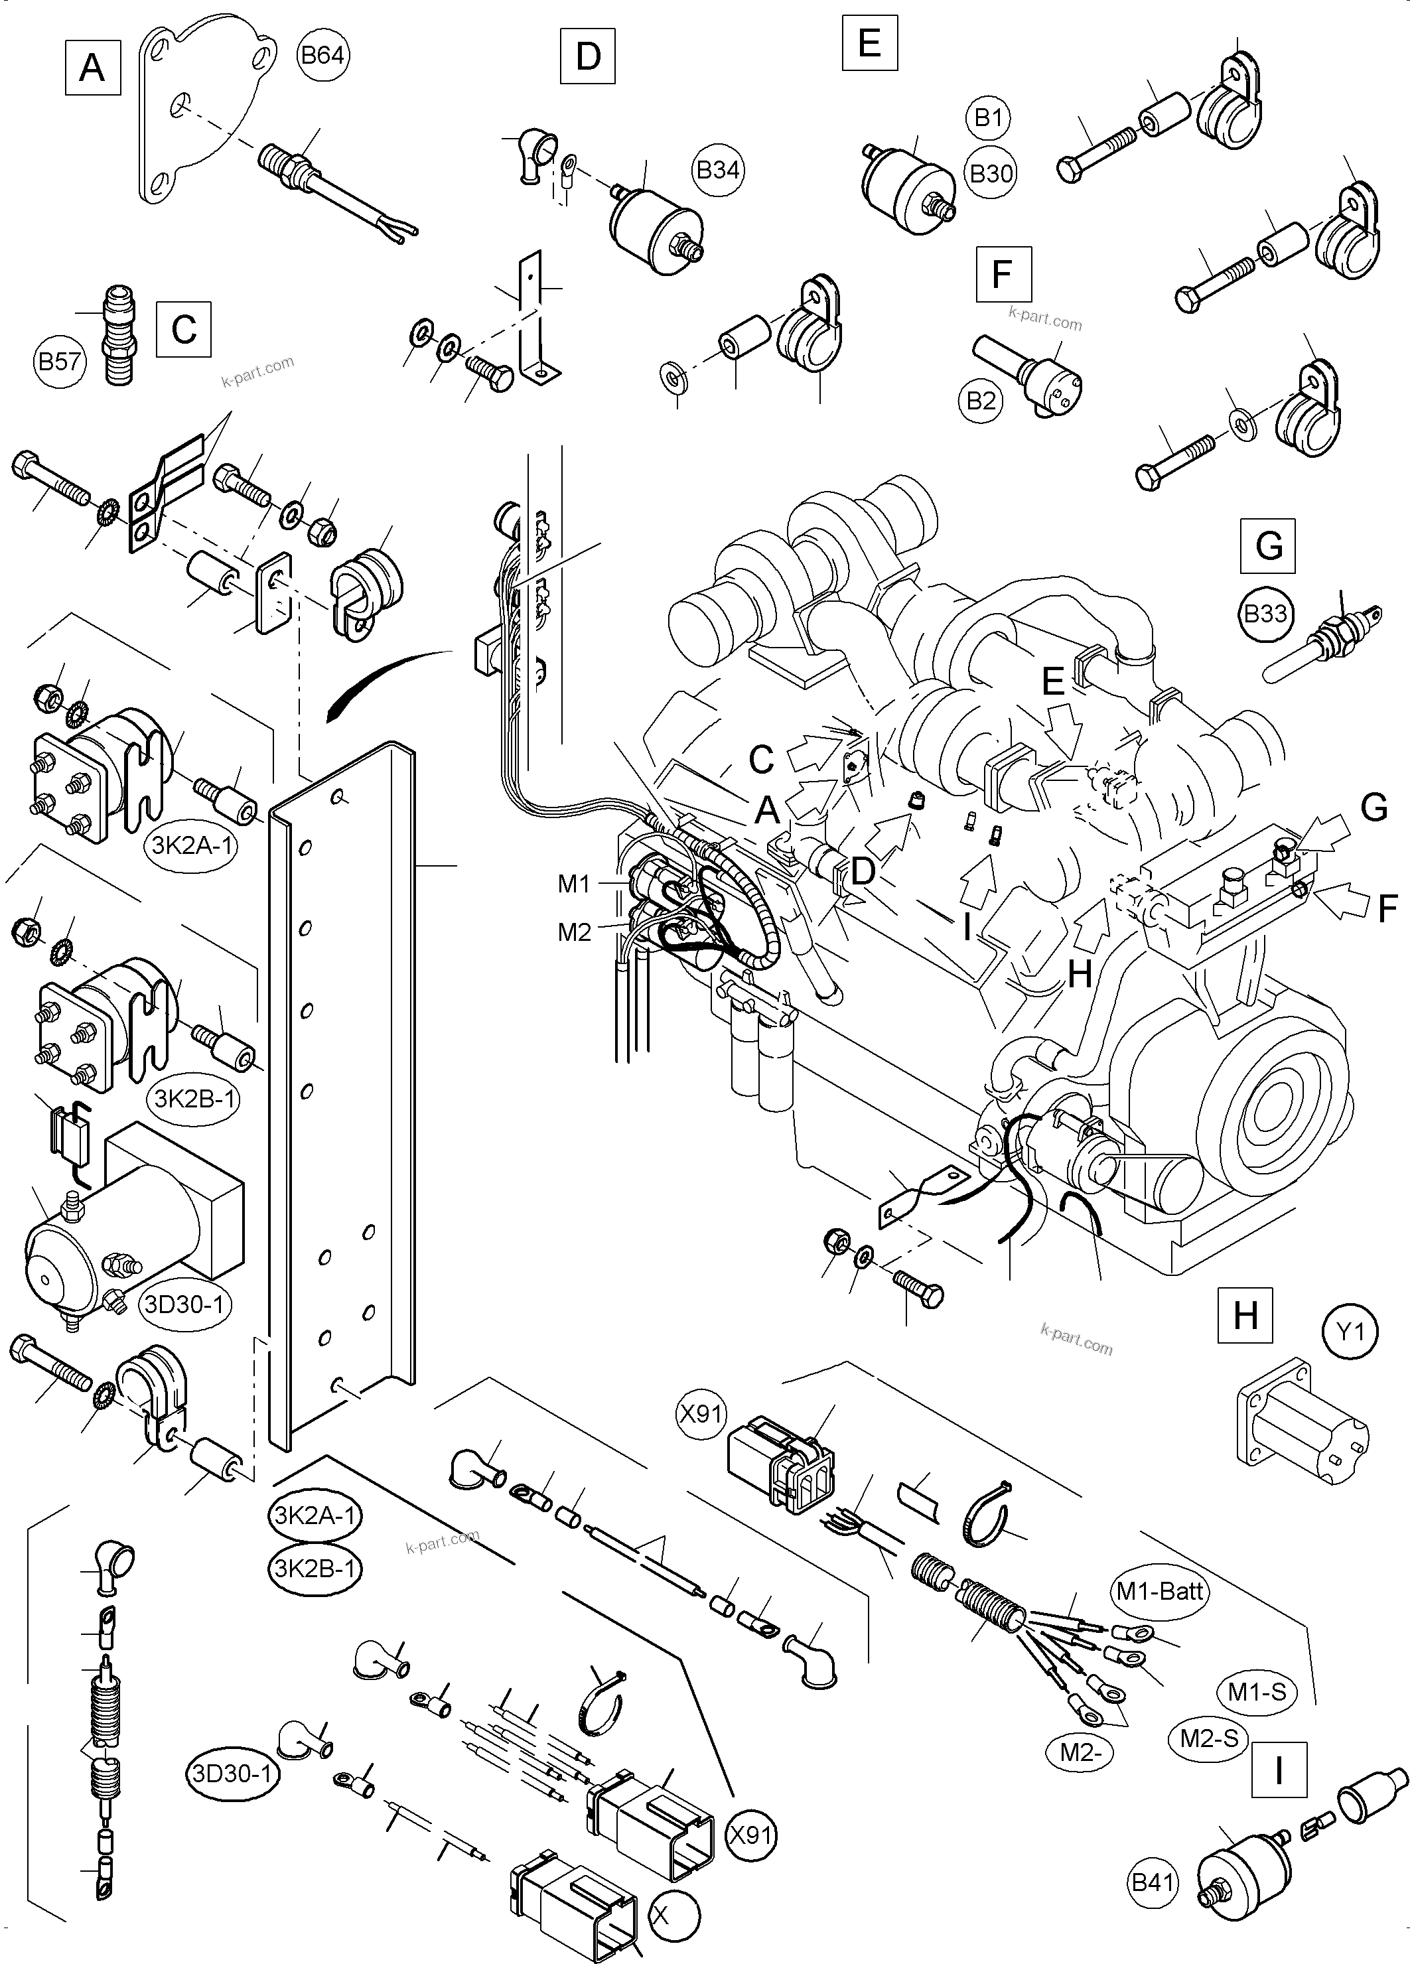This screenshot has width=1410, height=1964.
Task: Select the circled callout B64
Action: click(x=322, y=56)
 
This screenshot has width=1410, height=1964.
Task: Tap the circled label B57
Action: click(x=60, y=360)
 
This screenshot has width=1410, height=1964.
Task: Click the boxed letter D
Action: click(x=587, y=56)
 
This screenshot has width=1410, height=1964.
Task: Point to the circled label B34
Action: click(x=718, y=170)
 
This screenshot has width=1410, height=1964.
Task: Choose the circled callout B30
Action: click(x=991, y=174)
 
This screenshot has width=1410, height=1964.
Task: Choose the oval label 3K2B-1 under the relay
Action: click(x=196, y=1098)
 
